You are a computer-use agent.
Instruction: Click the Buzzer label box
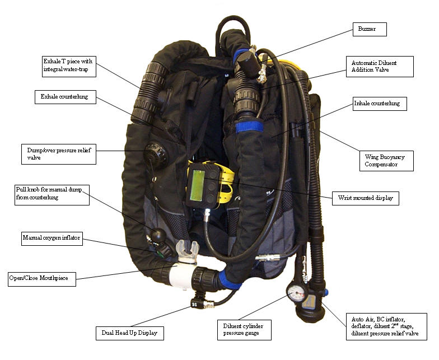(x=369, y=29)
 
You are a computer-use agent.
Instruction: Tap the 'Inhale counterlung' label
(x=379, y=104)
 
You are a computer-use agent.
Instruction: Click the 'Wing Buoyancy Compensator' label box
(x=386, y=161)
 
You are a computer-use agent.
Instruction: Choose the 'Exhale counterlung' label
(x=64, y=97)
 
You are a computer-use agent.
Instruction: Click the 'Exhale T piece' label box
(x=69, y=66)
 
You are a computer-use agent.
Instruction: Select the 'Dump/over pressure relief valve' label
(x=61, y=154)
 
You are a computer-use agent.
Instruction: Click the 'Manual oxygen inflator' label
(x=52, y=239)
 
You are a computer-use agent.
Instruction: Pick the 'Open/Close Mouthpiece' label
(x=41, y=278)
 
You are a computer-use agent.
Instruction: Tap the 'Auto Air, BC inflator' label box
(x=386, y=325)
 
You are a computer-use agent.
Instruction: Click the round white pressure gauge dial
(x=295, y=292)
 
